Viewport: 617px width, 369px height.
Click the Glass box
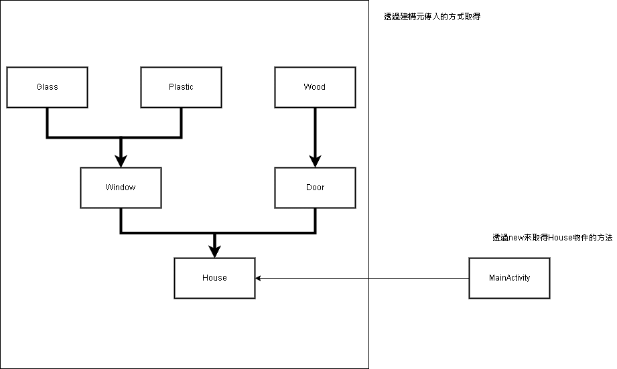(x=47, y=87)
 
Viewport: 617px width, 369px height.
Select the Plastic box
(x=181, y=87)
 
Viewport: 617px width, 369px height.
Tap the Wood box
(x=315, y=87)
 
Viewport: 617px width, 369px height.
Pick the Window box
(x=121, y=188)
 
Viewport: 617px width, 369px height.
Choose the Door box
(x=315, y=188)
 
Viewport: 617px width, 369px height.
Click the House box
(x=214, y=278)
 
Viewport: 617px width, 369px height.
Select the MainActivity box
(x=509, y=278)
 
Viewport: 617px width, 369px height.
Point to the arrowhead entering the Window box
(x=121, y=161)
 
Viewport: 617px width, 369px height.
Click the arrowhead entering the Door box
(x=315, y=161)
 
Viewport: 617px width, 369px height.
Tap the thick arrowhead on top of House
(x=214, y=251)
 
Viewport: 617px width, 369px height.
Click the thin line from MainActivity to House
(x=362, y=278)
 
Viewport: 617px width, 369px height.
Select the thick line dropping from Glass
(x=47, y=122)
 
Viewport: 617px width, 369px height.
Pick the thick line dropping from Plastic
(x=181, y=122)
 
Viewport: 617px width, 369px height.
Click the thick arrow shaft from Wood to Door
(x=315, y=131)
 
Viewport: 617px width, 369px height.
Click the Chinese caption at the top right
(x=431, y=17)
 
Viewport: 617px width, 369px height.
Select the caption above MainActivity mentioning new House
(x=552, y=238)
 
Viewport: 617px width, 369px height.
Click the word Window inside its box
(x=121, y=188)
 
